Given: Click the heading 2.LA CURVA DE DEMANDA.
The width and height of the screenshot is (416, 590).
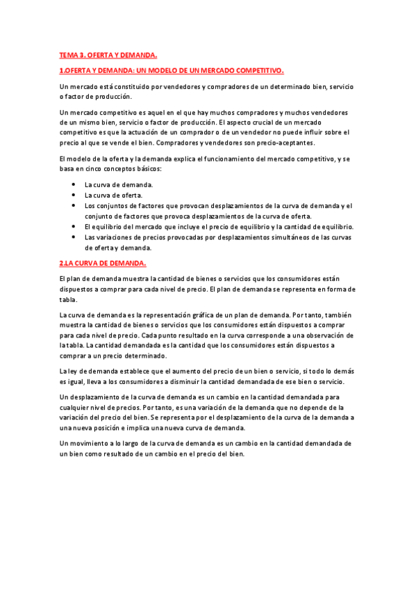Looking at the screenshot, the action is pos(102,263).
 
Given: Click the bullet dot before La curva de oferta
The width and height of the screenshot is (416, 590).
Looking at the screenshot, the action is pos(74,196).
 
